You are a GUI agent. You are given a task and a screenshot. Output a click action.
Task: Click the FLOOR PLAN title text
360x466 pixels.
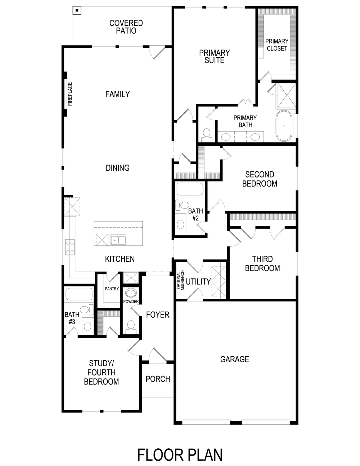(x=180, y=455)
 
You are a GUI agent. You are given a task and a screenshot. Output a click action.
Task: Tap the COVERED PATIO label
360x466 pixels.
(x=126, y=27)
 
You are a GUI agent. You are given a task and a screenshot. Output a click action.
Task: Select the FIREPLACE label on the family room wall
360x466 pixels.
(x=70, y=94)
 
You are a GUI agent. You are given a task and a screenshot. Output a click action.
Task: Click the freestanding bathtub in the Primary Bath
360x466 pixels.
(x=284, y=126)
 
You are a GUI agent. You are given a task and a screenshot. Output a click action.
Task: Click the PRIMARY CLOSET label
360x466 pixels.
(x=277, y=45)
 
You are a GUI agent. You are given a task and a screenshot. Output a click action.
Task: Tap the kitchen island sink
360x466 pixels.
(x=118, y=239)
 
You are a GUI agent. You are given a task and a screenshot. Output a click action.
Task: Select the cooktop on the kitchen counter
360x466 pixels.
(x=70, y=247)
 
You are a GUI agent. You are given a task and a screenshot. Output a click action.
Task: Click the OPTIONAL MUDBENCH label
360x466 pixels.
(x=180, y=280)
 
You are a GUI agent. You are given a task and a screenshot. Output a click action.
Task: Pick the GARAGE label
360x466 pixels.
(x=234, y=359)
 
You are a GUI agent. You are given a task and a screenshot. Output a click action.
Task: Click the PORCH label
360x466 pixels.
(x=158, y=379)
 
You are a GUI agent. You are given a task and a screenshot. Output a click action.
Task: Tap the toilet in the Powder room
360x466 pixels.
(x=130, y=326)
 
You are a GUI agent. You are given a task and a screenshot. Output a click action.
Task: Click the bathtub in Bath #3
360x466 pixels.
(x=78, y=294)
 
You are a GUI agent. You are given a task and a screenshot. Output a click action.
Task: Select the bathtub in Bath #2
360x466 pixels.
(x=190, y=189)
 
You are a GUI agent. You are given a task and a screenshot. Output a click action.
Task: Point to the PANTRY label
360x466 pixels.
(x=112, y=289)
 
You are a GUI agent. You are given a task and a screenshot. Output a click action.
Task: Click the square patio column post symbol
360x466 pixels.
(x=77, y=10)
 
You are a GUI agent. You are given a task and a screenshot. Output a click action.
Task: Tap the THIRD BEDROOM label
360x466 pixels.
(x=262, y=264)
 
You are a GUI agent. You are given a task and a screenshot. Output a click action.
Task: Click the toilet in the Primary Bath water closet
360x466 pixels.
(x=207, y=135)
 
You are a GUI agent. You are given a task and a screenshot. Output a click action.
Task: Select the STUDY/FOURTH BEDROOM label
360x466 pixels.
(x=101, y=372)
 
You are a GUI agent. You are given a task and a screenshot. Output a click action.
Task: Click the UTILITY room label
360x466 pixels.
(x=198, y=282)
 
